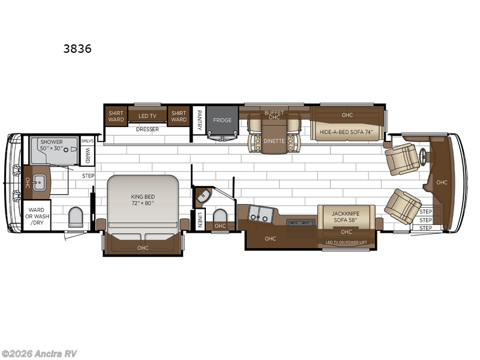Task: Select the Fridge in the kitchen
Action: (x=222, y=121)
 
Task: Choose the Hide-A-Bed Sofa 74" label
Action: (x=346, y=131)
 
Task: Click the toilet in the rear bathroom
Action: (x=76, y=217)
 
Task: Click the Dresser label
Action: (x=147, y=129)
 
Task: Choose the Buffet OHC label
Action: (x=274, y=115)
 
